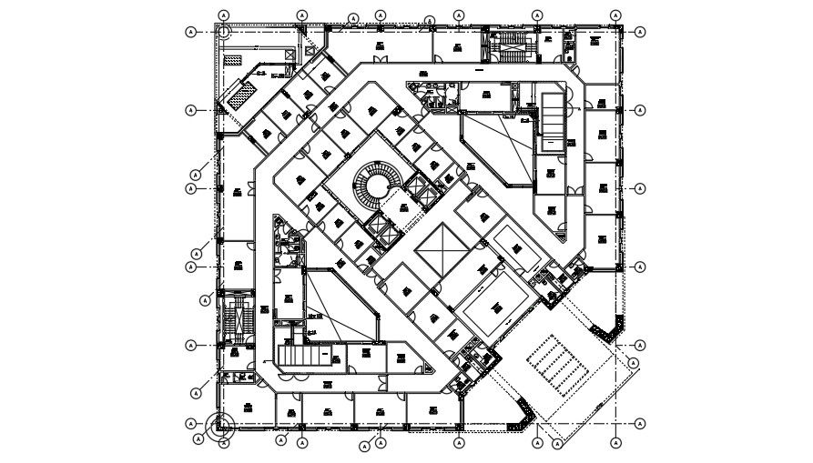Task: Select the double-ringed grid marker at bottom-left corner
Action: click(218, 424)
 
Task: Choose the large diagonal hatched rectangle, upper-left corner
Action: click(243, 92)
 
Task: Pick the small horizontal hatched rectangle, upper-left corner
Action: click(234, 57)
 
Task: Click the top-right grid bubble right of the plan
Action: click(640, 32)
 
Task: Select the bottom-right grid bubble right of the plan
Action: click(640, 424)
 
